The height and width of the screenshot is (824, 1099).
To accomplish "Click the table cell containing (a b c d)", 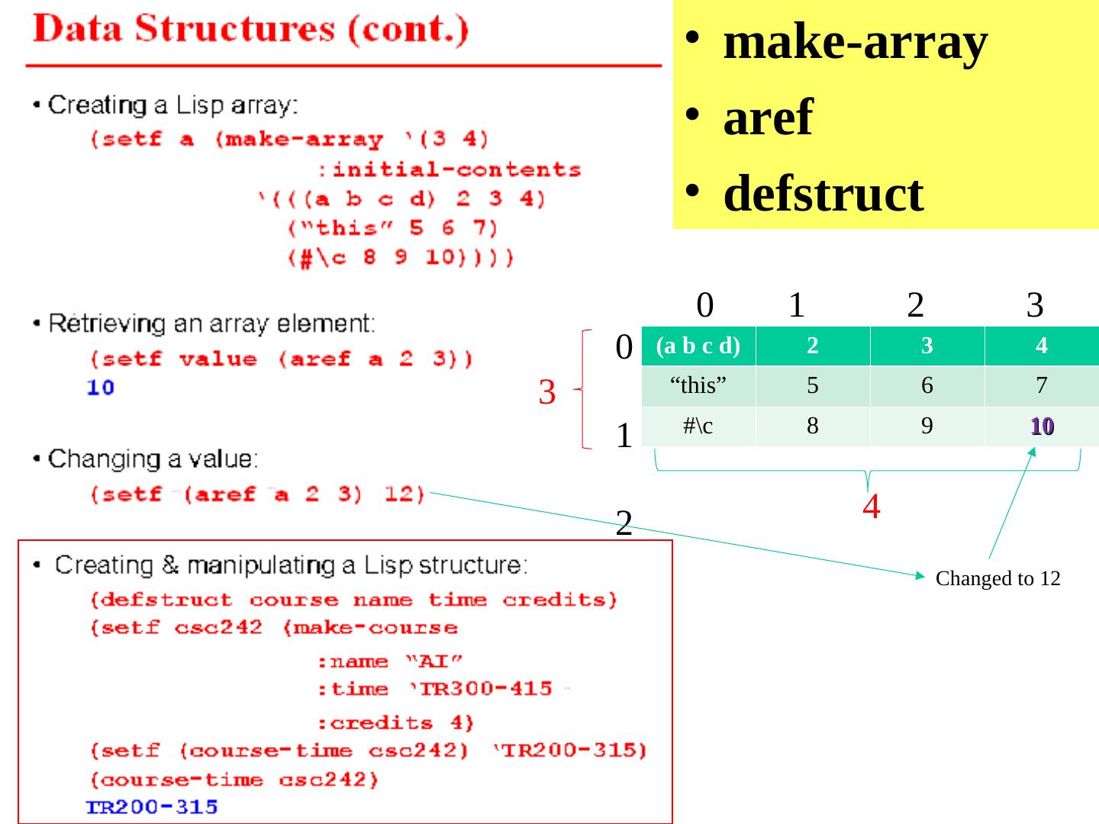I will point(698,346).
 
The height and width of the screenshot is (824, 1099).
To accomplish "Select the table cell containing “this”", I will point(698,386).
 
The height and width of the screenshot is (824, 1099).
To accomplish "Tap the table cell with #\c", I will point(698,426).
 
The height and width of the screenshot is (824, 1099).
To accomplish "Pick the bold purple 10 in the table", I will point(1042,426).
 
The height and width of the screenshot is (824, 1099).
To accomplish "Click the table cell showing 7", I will point(1042,386).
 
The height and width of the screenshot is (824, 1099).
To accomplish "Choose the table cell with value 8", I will point(813,426).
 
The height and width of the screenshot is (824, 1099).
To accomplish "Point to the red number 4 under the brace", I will point(871,507).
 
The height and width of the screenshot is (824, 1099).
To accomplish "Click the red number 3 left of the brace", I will point(546,392).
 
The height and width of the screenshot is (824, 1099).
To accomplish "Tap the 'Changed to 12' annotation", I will point(997,579).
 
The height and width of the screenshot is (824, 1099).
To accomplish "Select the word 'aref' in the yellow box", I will point(767,117).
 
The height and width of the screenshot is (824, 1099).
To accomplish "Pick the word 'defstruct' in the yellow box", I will point(823,193).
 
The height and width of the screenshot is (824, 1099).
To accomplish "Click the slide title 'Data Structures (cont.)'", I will point(250,31).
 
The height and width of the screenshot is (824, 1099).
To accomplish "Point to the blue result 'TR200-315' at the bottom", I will point(152,807).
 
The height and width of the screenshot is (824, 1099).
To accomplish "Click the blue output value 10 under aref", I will point(100,388).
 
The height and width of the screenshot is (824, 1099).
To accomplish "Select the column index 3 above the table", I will point(1034,305).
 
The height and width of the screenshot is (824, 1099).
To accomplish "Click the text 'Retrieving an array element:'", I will point(211,324).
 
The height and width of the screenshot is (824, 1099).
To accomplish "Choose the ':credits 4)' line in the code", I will point(395,722).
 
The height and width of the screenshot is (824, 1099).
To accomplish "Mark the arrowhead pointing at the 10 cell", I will point(1033,451).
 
